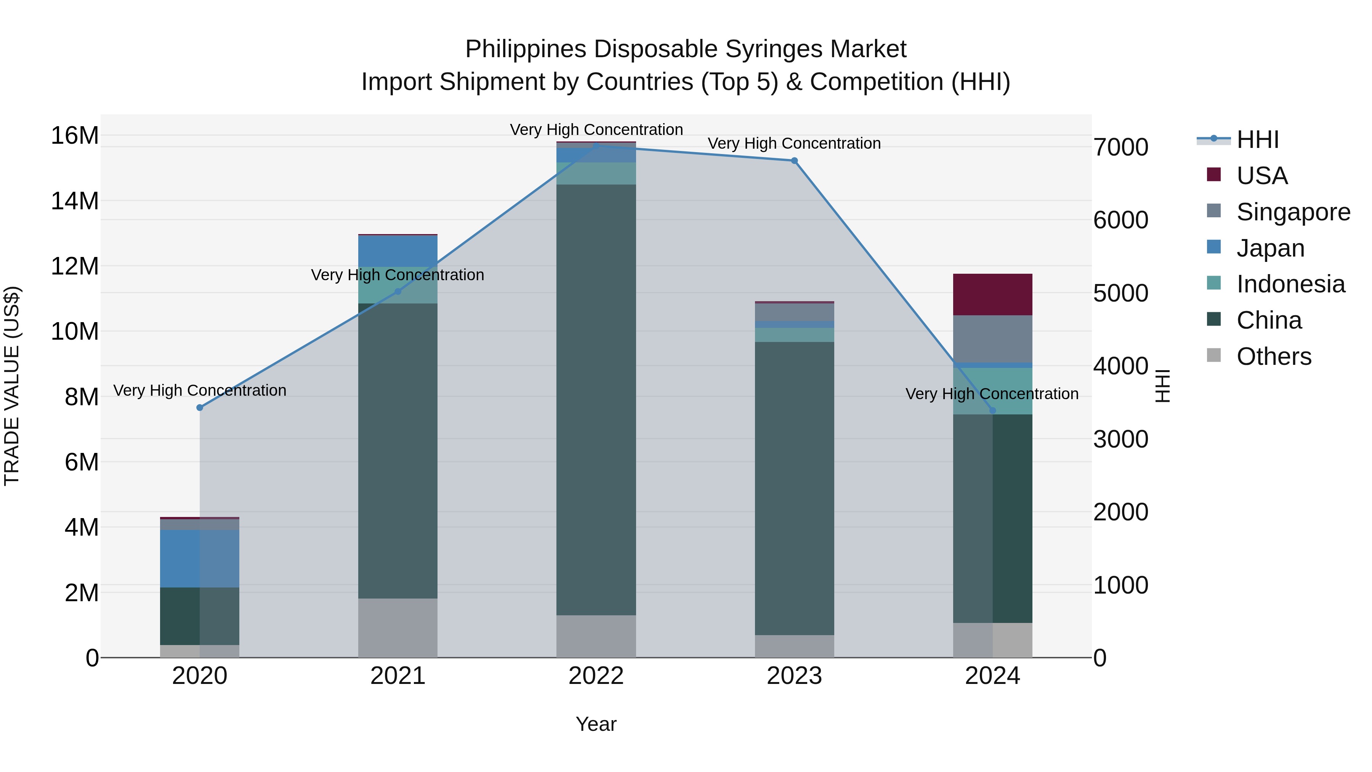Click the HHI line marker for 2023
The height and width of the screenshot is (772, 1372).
[x=794, y=160]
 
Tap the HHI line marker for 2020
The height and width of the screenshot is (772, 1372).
[x=200, y=408]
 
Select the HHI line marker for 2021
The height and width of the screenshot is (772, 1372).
[x=397, y=291]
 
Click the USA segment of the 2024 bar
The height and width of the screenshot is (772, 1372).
[x=992, y=295]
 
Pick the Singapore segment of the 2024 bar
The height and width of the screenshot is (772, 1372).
[x=992, y=339]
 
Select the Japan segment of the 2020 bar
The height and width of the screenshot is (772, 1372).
[x=200, y=559]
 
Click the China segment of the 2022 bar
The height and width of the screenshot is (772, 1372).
[x=596, y=400]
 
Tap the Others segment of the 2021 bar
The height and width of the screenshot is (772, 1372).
[x=397, y=628]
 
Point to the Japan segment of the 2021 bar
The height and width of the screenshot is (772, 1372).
[x=397, y=251]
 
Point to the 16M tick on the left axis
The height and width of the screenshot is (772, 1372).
[x=75, y=135]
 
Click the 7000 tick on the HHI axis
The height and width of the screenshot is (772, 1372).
[x=1120, y=147]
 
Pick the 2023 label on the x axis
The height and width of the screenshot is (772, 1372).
[x=794, y=676]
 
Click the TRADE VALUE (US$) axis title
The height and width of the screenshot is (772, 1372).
[x=12, y=386]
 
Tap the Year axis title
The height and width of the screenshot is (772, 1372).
[x=596, y=724]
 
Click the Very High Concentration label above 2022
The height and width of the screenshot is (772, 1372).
[x=596, y=130]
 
